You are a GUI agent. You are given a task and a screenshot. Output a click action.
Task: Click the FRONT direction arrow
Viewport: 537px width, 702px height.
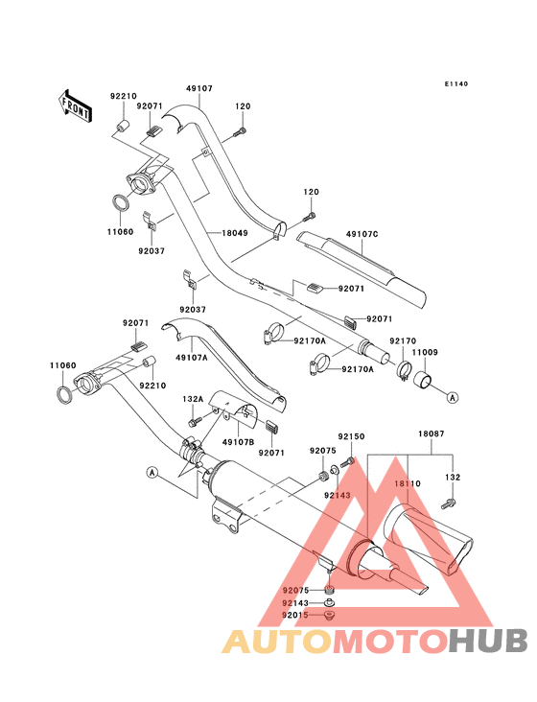[75, 105]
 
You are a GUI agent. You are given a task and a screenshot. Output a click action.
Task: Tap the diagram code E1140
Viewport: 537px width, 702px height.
[456, 83]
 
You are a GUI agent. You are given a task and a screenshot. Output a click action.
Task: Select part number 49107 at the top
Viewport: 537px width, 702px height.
[199, 88]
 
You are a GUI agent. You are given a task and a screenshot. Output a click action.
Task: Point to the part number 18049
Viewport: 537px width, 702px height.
[235, 233]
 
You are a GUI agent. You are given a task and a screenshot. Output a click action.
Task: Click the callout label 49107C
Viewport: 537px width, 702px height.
[362, 234]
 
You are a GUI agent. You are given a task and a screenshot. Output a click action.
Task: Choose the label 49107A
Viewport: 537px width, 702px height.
[192, 358]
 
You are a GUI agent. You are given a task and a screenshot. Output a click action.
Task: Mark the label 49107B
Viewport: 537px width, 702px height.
[238, 442]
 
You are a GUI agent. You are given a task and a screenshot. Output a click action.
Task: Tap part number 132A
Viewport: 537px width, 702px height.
[193, 399]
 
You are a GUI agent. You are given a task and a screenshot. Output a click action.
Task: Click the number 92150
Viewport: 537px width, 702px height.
[351, 436]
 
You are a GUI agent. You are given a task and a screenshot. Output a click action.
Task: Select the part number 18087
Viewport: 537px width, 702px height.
[432, 433]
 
